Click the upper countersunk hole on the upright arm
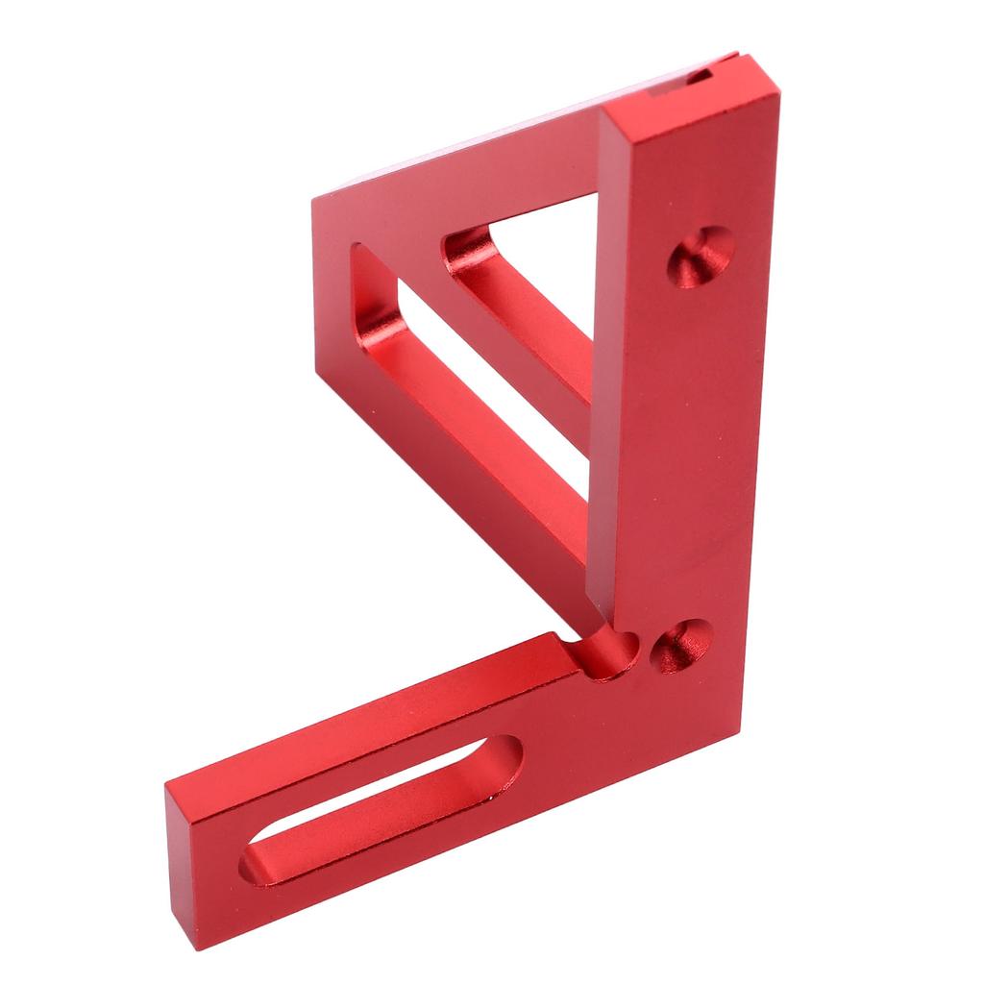(x=701, y=257)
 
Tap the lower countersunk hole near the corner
(x=681, y=645)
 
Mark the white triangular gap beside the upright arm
(x=557, y=240)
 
